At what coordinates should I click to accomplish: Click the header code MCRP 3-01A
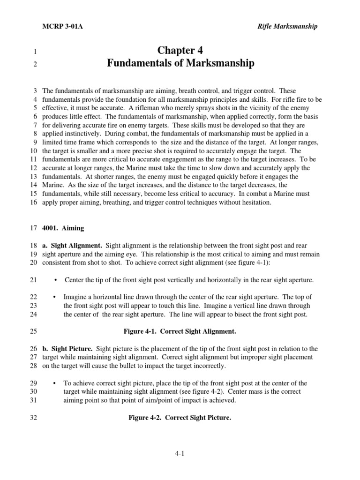coord(63,26)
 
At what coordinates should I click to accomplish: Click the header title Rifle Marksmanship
coord(287,26)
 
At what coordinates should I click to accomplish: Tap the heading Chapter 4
coord(180,51)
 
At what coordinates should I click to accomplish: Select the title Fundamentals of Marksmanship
coord(180,64)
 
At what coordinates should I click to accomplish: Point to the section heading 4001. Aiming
coord(63,228)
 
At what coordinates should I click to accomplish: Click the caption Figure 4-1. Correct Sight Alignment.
coord(180,331)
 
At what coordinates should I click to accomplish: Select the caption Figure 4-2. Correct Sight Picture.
coord(180,418)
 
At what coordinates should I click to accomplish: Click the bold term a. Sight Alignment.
coord(72,246)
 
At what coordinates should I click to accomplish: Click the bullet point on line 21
coord(56,280)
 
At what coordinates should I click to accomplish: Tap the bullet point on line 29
coord(56,383)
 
